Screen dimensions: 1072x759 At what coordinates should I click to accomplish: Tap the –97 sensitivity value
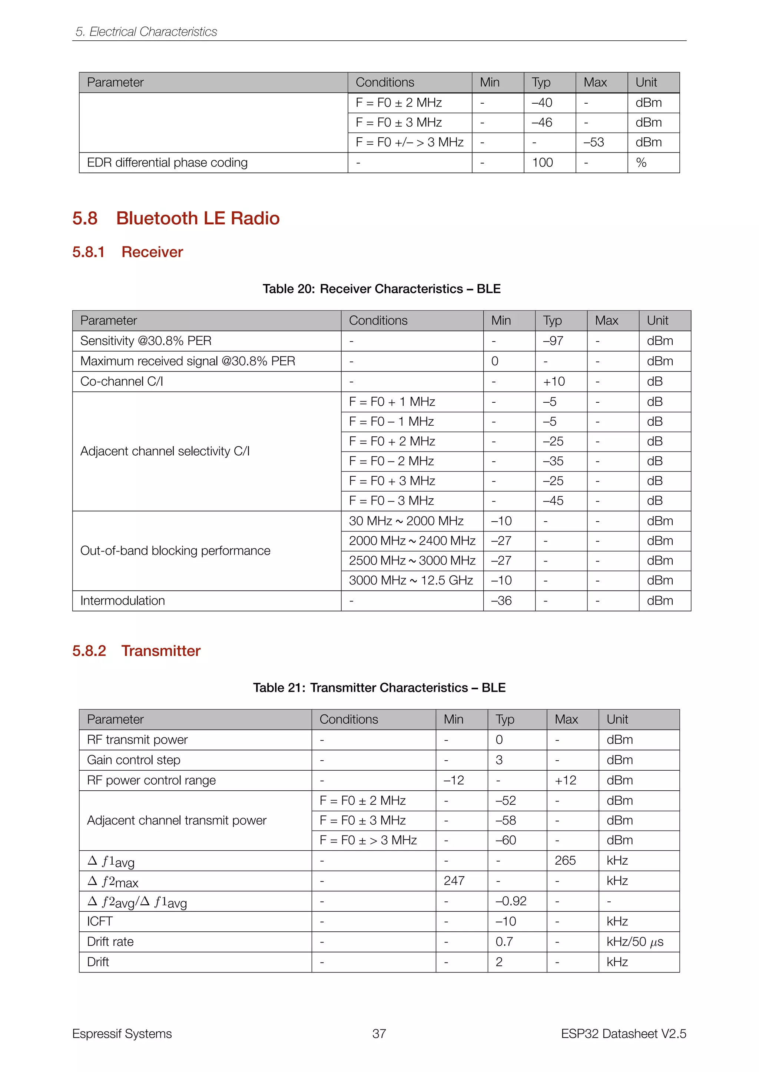[x=553, y=341]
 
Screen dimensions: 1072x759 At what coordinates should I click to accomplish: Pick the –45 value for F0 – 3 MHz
[x=553, y=500]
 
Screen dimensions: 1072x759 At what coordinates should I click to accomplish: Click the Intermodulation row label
[x=122, y=600]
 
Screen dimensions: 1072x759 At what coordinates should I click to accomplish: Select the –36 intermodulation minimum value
[x=501, y=600]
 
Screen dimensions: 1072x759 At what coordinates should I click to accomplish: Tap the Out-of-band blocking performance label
[x=175, y=550]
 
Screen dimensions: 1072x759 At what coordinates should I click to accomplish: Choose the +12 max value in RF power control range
[x=566, y=780]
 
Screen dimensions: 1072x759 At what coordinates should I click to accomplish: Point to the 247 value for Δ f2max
[x=454, y=881]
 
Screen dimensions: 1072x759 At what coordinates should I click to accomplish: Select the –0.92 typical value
[x=511, y=901]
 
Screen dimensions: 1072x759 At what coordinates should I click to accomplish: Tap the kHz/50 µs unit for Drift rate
[x=635, y=941]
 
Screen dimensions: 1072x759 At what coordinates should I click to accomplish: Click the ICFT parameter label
[x=100, y=921]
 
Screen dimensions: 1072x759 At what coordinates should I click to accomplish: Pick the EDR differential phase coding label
[x=167, y=163]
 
